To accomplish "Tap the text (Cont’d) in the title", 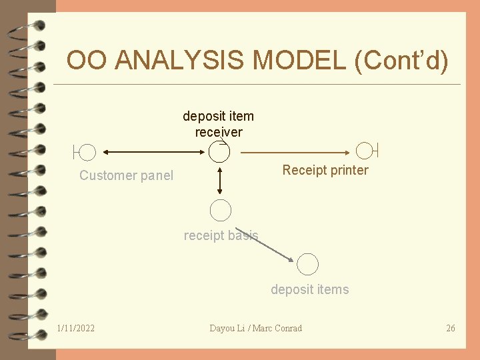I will (x=402, y=61).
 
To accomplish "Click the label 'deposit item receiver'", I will (x=218, y=124).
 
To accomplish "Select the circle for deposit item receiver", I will (x=219, y=152).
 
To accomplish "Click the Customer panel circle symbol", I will (x=87, y=153).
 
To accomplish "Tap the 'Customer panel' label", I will (x=126, y=176).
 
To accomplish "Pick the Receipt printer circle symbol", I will (x=365, y=151).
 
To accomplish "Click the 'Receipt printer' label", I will (x=325, y=170).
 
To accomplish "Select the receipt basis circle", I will (x=220, y=211).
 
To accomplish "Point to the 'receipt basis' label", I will (x=220, y=235).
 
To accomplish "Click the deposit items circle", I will (x=307, y=265).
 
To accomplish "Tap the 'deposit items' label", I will (x=309, y=289).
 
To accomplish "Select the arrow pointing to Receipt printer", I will (x=296, y=153).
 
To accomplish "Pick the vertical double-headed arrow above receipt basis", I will (x=220, y=180).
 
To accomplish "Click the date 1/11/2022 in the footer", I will (x=76, y=328).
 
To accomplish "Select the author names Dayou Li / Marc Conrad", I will (x=255, y=328).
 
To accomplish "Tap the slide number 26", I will (x=451, y=328).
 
